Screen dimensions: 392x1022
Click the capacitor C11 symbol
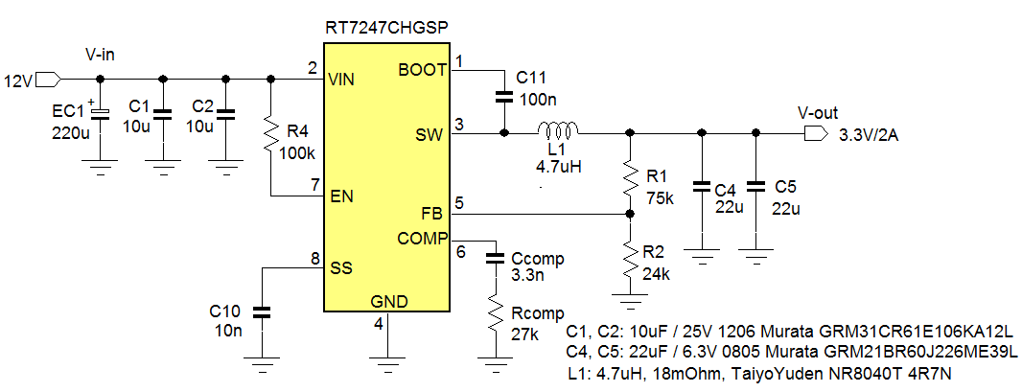pos(502,96)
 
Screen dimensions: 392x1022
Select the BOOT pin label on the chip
pos(422,70)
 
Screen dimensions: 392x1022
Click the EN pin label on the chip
pos(340,197)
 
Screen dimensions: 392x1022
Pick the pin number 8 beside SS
pos(314,258)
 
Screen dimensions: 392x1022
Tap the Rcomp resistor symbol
pos(495,312)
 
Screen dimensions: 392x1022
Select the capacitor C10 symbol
pos(261,312)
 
